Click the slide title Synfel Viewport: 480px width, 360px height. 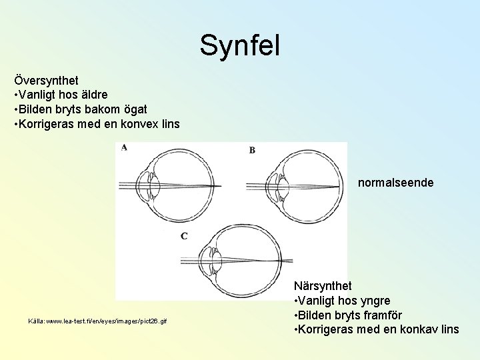[x=240, y=45]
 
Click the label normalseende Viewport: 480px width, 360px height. [x=395, y=181]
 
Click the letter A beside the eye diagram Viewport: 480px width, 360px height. [x=124, y=148]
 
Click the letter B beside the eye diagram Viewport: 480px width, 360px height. [x=252, y=150]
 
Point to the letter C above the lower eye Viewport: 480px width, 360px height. [x=184, y=235]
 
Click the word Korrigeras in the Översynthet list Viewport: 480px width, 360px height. [x=45, y=123]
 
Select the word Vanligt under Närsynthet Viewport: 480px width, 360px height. [x=319, y=301]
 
